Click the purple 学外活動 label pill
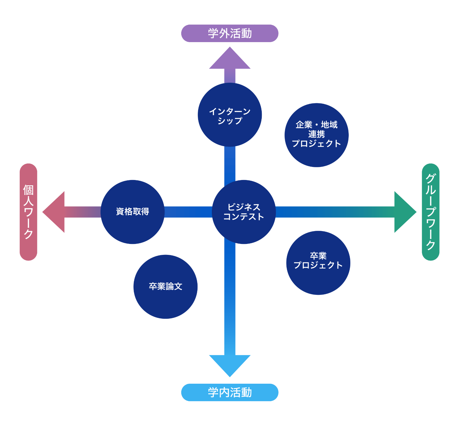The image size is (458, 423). pyautogui.click(x=230, y=33)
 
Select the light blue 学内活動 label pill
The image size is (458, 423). pyautogui.click(x=230, y=392)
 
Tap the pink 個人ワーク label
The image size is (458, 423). pyautogui.click(x=28, y=212)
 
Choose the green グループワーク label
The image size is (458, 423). pyautogui.click(x=431, y=212)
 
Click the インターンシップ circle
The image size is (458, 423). pyautogui.click(x=230, y=115)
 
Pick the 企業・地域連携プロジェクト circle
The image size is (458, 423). pyautogui.click(x=316, y=135)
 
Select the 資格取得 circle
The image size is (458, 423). pyautogui.click(x=133, y=212)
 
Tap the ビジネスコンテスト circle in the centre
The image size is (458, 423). pyautogui.click(x=244, y=212)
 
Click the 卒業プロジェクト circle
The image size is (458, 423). pyautogui.click(x=318, y=263)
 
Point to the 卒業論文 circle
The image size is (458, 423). pyautogui.click(x=165, y=287)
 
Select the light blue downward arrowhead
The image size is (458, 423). pyautogui.click(x=230, y=364)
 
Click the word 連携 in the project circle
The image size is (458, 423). pyautogui.click(x=316, y=134)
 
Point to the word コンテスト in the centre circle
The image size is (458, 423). pyautogui.click(x=244, y=216)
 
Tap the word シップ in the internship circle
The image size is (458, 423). pyautogui.click(x=230, y=120)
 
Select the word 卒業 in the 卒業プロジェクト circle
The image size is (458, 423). pyautogui.click(x=318, y=256)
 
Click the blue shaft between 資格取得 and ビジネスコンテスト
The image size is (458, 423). pyautogui.click(x=188, y=212)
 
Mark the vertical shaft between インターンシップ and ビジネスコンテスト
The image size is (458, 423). pyautogui.click(x=230, y=164)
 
